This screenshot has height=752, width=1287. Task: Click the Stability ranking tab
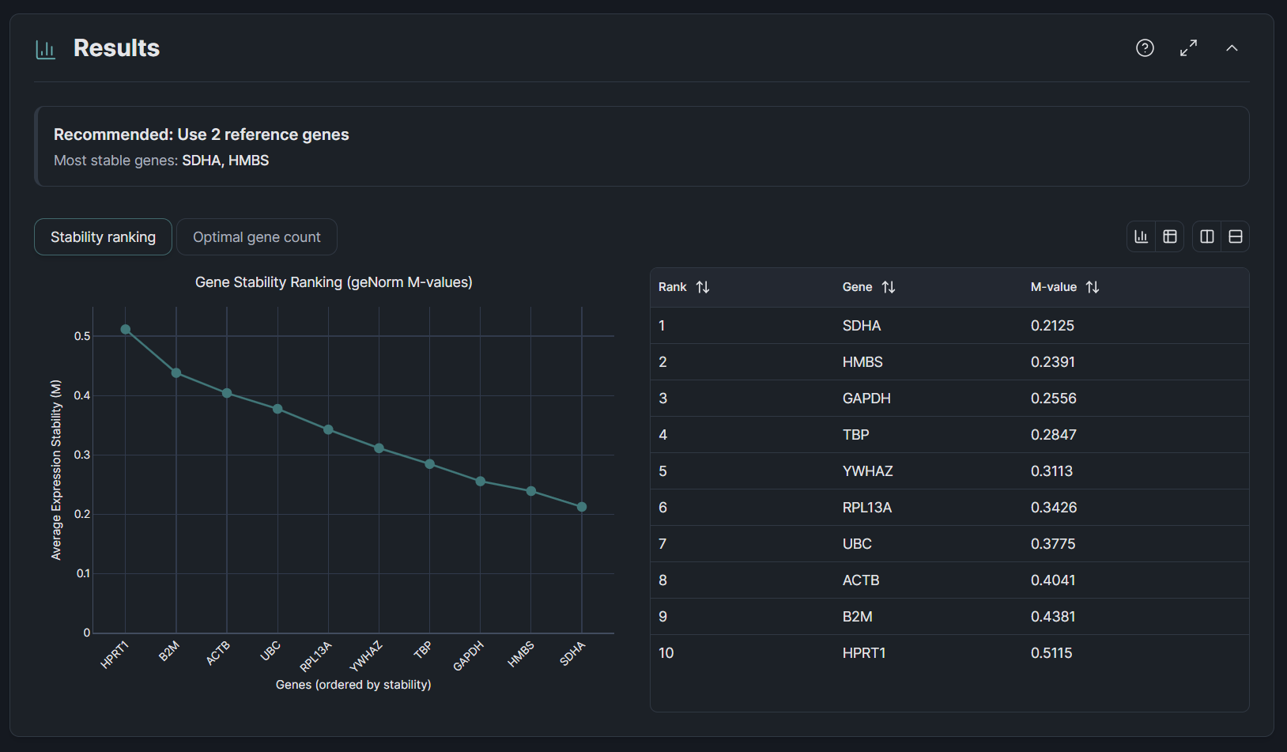(103, 237)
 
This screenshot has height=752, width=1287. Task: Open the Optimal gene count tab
(257, 237)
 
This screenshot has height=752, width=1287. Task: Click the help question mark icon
(1145, 48)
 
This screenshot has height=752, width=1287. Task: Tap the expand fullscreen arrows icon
(1188, 48)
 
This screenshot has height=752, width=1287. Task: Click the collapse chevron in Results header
(1232, 48)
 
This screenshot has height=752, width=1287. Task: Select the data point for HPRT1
(126, 330)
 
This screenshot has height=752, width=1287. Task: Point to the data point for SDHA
(582, 507)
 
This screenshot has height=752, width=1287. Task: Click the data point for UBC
(277, 409)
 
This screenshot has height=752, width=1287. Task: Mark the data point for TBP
(430, 464)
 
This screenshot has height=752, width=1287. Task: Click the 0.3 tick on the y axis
(82, 455)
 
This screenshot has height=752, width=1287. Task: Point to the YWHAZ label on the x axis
(367, 656)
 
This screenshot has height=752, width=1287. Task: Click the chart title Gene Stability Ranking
(334, 282)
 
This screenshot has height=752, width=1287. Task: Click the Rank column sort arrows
(703, 287)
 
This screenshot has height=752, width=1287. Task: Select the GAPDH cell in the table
(866, 399)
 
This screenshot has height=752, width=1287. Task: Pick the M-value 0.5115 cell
(1051, 653)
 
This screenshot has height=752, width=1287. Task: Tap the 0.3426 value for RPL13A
(1053, 508)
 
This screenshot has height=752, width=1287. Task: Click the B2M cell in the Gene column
(857, 617)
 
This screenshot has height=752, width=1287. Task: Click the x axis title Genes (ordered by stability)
(353, 685)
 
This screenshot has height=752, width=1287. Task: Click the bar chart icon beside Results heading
(46, 50)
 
